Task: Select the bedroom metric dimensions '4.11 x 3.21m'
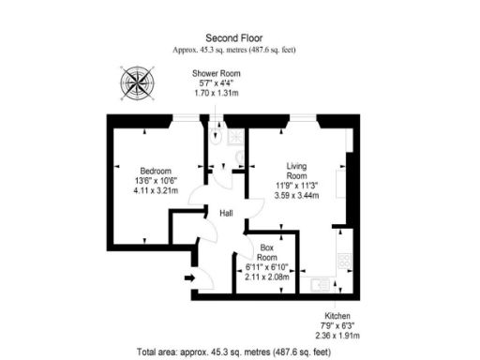pyautogui.click(x=156, y=190)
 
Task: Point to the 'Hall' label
pyautogui.click(x=226, y=214)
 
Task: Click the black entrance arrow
pyautogui.click(x=189, y=277)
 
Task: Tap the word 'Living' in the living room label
pyautogui.click(x=296, y=164)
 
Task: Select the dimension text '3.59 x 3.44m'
pyautogui.click(x=296, y=195)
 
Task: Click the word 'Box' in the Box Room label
pyautogui.click(x=267, y=247)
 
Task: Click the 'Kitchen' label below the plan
pyautogui.click(x=337, y=315)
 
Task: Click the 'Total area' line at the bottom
pyautogui.click(x=239, y=352)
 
